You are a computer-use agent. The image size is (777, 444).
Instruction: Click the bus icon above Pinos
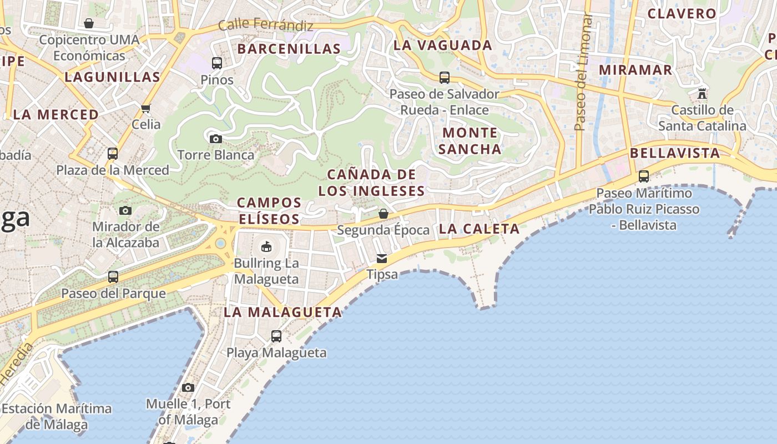click(x=216, y=63)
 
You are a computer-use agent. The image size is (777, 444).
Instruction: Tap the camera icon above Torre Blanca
click(x=216, y=139)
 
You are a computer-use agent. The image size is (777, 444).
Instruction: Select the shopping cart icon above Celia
click(x=146, y=109)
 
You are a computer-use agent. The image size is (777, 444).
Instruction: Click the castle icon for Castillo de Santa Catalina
click(x=702, y=93)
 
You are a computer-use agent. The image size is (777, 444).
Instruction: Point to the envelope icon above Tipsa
click(x=382, y=258)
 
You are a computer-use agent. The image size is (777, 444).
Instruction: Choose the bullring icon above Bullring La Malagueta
click(x=266, y=246)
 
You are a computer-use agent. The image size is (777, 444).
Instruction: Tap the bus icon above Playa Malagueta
click(x=276, y=336)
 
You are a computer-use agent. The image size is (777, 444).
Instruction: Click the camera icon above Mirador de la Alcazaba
click(x=125, y=210)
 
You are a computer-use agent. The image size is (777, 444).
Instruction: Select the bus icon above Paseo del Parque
click(x=113, y=276)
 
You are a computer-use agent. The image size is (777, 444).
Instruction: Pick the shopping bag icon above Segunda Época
click(x=383, y=214)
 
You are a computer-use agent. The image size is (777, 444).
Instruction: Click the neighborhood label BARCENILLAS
click(x=289, y=49)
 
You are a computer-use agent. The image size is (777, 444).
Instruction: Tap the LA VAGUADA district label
click(x=443, y=46)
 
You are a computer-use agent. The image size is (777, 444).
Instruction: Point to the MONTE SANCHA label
click(x=471, y=141)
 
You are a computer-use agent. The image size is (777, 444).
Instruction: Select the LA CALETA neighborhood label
click(x=479, y=229)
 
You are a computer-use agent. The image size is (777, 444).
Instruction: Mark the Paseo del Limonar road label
click(x=581, y=72)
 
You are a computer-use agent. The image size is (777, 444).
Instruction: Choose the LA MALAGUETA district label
click(x=282, y=312)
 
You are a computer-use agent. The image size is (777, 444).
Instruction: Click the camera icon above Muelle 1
click(x=188, y=387)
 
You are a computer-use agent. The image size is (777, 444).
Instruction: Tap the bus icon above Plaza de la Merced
click(x=113, y=153)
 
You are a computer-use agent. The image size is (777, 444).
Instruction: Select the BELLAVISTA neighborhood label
click(x=675, y=153)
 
